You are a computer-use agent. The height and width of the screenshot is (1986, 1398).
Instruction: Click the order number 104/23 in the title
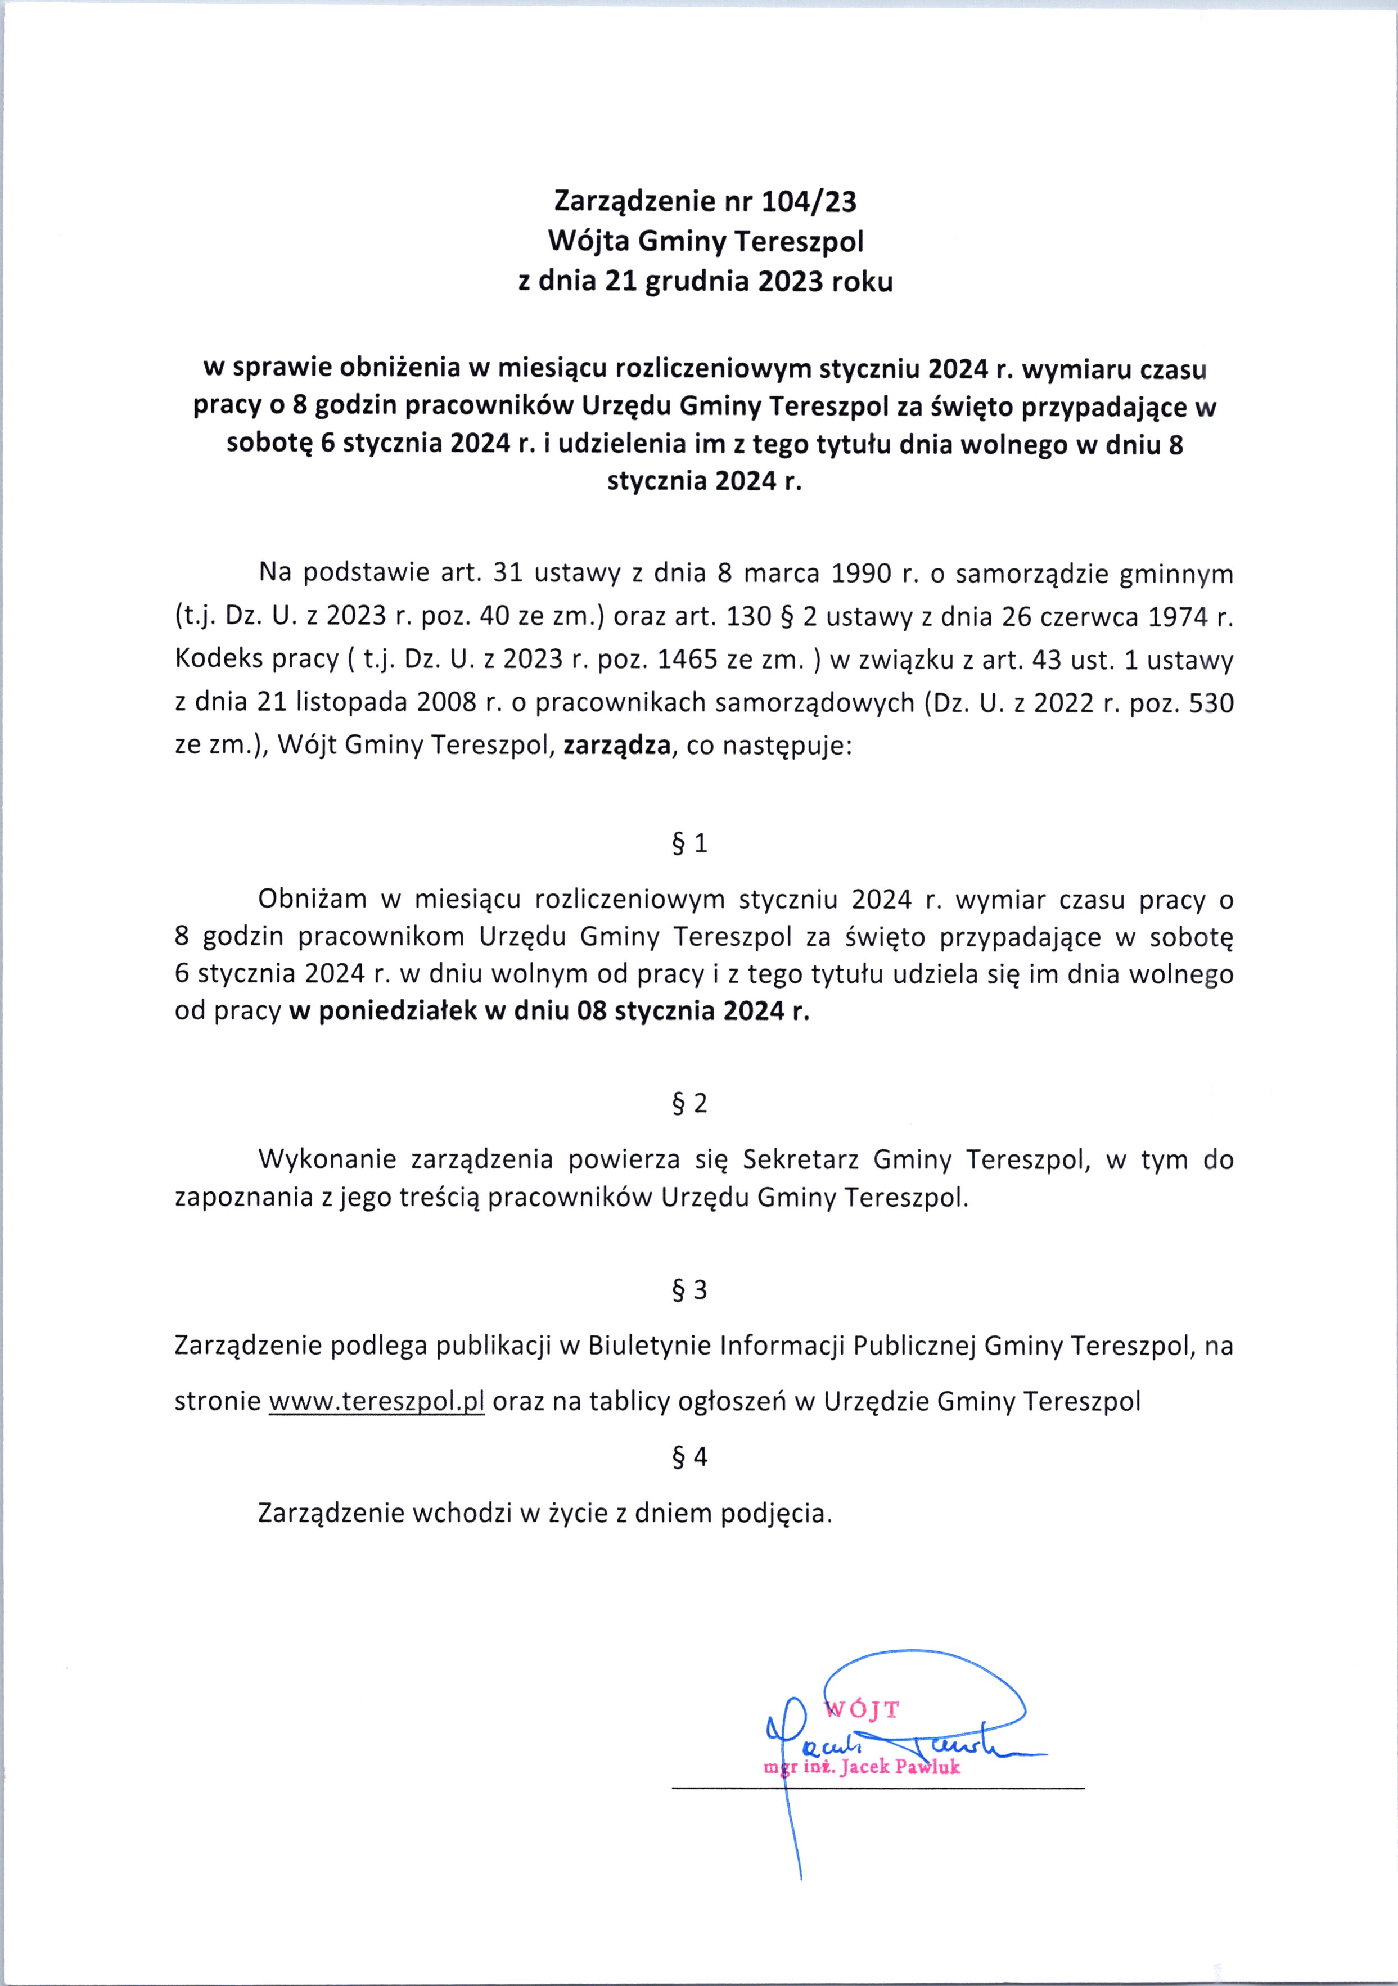(x=809, y=201)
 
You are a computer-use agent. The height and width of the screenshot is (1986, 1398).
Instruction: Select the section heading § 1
(x=689, y=843)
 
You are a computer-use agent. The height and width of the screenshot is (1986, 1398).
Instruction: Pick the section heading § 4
(x=689, y=1457)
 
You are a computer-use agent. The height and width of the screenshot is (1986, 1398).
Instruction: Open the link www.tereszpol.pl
(x=376, y=1401)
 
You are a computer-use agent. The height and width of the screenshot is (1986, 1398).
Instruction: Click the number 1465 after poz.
(x=688, y=660)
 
